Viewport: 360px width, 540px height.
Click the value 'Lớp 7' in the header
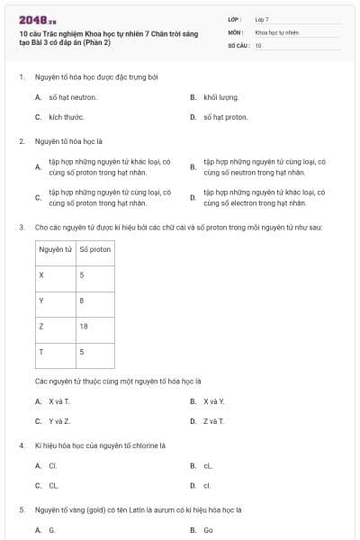point(262,18)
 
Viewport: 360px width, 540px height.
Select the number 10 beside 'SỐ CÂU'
point(258,44)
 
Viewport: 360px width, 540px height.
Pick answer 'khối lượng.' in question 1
point(220,96)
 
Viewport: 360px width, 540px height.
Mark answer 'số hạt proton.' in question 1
point(225,117)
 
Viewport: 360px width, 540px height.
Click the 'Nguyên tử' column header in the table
point(56,248)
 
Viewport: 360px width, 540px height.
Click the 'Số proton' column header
point(94,248)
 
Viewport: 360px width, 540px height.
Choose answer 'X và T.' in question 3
point(59,400)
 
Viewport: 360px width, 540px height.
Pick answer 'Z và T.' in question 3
point(213,420)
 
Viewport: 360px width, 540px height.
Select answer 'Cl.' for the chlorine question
point(53,465)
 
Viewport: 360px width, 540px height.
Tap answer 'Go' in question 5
point(208,530)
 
